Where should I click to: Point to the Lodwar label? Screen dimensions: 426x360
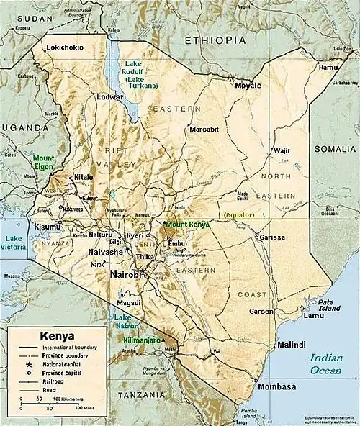(x=111, y=96)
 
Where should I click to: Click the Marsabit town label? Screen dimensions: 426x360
(x=203, y=129)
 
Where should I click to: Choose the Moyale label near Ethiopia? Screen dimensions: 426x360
(x=248, y=85)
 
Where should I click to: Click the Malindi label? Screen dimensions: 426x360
(x=292, y=344)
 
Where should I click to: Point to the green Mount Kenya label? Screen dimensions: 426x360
(x=188, y=225)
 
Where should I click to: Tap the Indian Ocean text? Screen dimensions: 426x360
(x=327, y=364)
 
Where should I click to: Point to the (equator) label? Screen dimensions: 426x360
(x=243, y=215)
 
